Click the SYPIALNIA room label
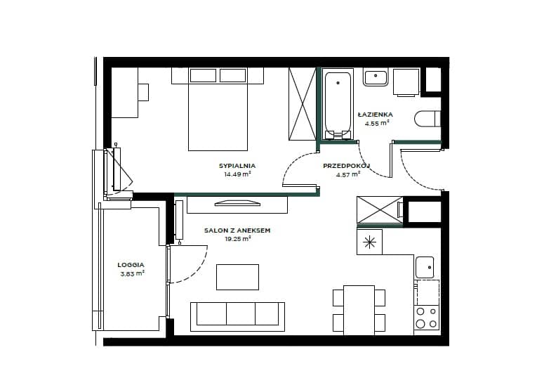(x=237, y=166)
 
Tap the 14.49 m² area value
(x=238, y=174)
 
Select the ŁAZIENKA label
(x=376, y=115)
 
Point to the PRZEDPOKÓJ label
(x=347, y=166)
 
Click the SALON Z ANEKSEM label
(x=237, y=231)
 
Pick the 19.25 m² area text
(x=238, y=239)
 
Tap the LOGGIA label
(x=131, y=265)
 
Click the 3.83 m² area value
(x=132, y=273)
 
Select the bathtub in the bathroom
(x=338, y=105)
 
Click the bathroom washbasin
(x=376, y=77)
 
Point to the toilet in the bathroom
(x=427, y=119)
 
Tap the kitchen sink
(x=425, y=268)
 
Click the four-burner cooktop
(x=426, y=318)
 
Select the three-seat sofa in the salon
(x=237, y=317)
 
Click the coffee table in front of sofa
(x=237, y=277)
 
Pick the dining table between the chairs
(x=359, y=311)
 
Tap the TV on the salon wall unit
(x=237, y=203)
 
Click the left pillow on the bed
(x=203, y=75)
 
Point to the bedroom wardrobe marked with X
(x=302, y=104)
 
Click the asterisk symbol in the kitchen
(x=369, y=242)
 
